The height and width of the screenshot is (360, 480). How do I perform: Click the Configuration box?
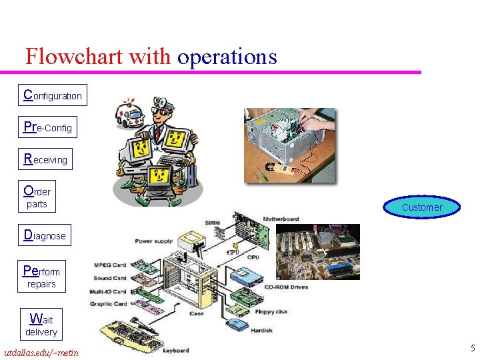[x=52, y=95]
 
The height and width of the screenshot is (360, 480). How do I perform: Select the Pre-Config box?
[x=47, y=127]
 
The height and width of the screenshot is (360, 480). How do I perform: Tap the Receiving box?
[x=45, y=159]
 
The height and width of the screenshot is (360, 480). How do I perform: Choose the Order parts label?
[x=37, y=197]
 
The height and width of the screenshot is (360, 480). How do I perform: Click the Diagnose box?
[x=45, y=235]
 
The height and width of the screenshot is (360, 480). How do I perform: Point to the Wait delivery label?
[x=41, y=325]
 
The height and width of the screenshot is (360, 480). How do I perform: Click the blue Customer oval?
[x=422, y=207]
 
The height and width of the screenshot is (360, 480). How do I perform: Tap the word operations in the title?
[x=227, y=57]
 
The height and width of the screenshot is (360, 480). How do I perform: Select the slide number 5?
[x=472, y=347]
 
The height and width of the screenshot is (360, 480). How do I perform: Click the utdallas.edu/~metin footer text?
[x=41, y=352]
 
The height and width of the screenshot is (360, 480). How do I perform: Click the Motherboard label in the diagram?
[x=281, y=219]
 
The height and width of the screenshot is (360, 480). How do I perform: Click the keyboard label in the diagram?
[x=176, y=350]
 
